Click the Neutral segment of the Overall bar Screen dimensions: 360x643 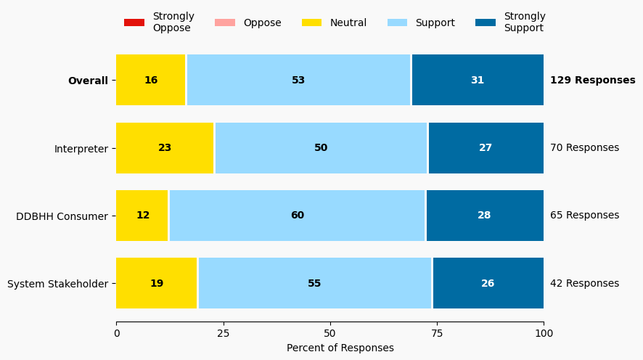pos(151,80)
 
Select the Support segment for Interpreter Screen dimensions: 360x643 pos(321,148)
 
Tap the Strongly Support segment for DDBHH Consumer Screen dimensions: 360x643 pos(485,216)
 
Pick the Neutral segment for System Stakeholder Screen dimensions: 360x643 pos(157,283)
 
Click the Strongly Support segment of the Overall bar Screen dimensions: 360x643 pos(478,80)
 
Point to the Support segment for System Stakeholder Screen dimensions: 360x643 pos(315,283)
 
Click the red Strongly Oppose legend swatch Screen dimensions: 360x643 pos(134,22)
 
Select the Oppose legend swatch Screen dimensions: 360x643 pos(225,22)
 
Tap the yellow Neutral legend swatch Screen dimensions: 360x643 pos(311,22)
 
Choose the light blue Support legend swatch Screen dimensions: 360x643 pos(397,22)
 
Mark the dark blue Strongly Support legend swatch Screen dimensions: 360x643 pos(486,22)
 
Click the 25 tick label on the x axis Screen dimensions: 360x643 pos(224,334)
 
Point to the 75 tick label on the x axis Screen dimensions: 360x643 pos(437,334)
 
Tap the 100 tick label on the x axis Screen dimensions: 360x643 pos(544,334)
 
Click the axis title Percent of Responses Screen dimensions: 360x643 pos(340,348)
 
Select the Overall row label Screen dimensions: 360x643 pos(88,81)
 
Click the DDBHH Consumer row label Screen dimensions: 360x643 pos(62,216)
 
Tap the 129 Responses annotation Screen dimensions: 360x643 pos(592,81)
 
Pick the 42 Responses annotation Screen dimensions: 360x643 pos(584,284)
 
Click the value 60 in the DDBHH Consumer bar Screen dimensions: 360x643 pos(298,216)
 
